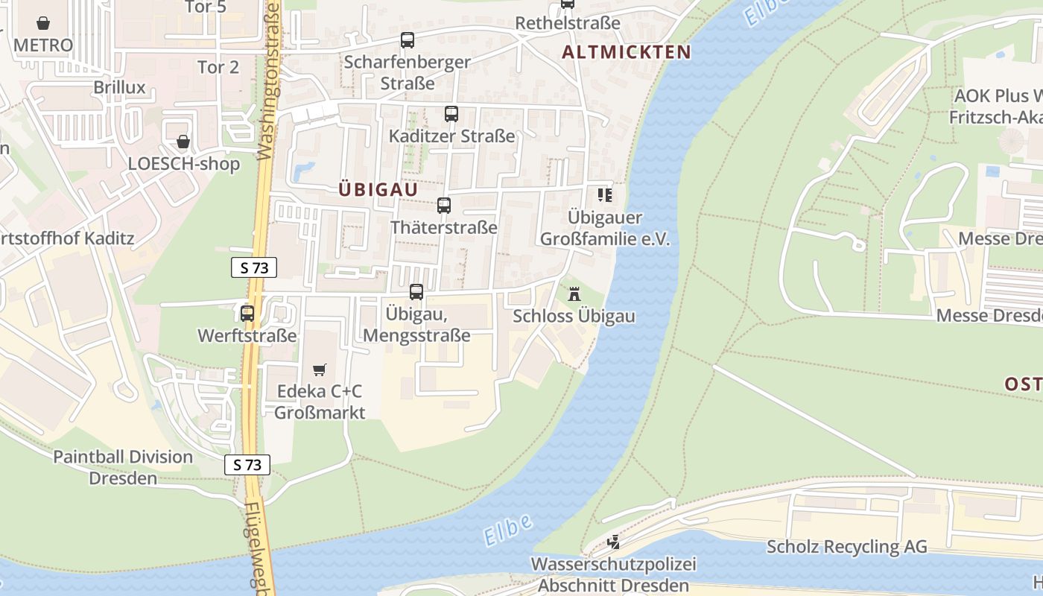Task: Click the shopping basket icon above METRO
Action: coord(44,23)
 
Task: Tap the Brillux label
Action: coord(119,87)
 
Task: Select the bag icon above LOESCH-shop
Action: coord(183,142)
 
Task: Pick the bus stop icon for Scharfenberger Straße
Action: coord(407,40)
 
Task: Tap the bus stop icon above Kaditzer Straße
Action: coord(451,114)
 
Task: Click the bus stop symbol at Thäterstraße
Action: coord(444,206)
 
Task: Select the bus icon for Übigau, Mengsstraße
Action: coord(416,292)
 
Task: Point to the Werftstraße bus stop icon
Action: coord(247,314)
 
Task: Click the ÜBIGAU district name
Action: coord(378,190)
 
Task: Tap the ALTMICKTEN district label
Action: coord(626,52)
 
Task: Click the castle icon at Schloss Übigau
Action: coord(574,294)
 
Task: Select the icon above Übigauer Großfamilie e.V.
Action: coord(605,195)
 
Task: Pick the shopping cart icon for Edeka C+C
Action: coord(320,370)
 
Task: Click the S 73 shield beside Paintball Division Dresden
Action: coord(247,465)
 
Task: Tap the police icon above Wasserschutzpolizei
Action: coord(613,542)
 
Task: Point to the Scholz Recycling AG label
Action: coord(847,547)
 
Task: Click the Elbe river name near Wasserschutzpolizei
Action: coord(507,529)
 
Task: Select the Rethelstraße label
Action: coord(568,23)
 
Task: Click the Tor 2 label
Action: coord(218,67)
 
